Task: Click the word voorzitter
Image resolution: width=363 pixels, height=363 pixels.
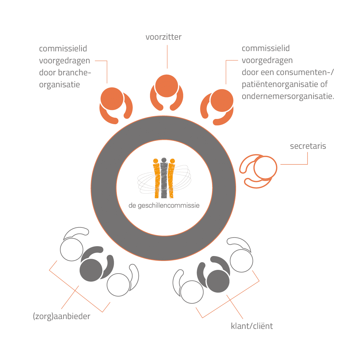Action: [164, 37]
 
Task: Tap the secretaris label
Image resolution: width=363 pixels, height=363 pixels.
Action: [308, 146]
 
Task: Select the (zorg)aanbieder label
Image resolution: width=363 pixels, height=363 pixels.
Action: [61, 316]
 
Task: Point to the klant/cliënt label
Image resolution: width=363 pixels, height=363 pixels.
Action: [252, 326]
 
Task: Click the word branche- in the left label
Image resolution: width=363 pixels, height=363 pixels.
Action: [75, 73]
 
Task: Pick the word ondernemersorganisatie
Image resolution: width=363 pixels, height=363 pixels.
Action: [288, 96]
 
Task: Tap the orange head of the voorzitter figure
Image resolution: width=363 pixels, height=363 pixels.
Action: [167, 86]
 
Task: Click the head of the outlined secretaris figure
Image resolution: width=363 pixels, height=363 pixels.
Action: [265, 168]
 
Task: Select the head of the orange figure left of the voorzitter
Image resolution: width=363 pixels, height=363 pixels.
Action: [112, 99]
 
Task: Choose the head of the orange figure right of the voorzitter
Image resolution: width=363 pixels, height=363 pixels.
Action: [222, 101]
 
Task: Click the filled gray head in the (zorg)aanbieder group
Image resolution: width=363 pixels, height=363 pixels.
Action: [91, 270]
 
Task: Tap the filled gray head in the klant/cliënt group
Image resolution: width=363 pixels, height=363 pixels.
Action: [218, 281]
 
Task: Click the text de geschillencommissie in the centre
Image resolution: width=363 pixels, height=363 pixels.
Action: [164, 206]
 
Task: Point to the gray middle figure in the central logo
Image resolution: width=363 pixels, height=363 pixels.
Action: [164, 178]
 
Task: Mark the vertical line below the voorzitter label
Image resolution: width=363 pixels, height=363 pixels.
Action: [167, 57]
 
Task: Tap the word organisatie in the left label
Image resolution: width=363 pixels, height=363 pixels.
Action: [60, 85]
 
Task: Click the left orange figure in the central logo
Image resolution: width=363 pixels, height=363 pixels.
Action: [156, 179]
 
